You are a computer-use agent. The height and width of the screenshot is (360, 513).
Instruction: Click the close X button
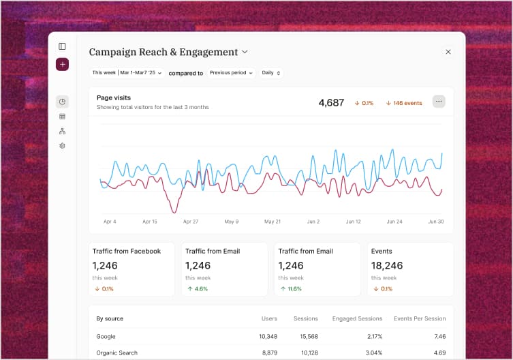(448, 52)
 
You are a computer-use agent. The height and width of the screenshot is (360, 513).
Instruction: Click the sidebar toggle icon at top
(62, 46)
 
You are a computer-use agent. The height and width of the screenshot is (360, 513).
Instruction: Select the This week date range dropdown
(127, 73)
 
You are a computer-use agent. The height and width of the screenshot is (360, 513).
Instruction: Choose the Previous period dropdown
(231, 73)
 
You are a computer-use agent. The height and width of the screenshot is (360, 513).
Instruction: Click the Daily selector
(271, 73)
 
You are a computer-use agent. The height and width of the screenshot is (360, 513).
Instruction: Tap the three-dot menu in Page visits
(439, 102)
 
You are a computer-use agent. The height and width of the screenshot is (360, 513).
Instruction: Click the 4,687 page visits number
(331, 103)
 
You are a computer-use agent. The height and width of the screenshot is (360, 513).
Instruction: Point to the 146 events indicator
(404, 103)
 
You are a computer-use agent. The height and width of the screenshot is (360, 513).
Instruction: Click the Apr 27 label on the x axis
(191, 222)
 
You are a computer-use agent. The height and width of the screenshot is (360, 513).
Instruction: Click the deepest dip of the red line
(175, 211)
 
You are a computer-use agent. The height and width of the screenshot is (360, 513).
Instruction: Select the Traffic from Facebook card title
(127, 251)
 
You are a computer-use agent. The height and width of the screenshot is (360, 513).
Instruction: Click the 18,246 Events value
(387, 265)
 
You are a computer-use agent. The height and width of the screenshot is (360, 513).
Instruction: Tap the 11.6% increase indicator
(291, 289)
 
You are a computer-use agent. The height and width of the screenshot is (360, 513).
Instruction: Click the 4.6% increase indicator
(198, 289)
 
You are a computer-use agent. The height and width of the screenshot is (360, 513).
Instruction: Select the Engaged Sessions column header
(357, 318)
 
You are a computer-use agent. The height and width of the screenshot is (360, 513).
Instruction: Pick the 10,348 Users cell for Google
(268, 336)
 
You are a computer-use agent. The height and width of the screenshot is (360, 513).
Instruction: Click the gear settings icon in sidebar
(62, 146)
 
